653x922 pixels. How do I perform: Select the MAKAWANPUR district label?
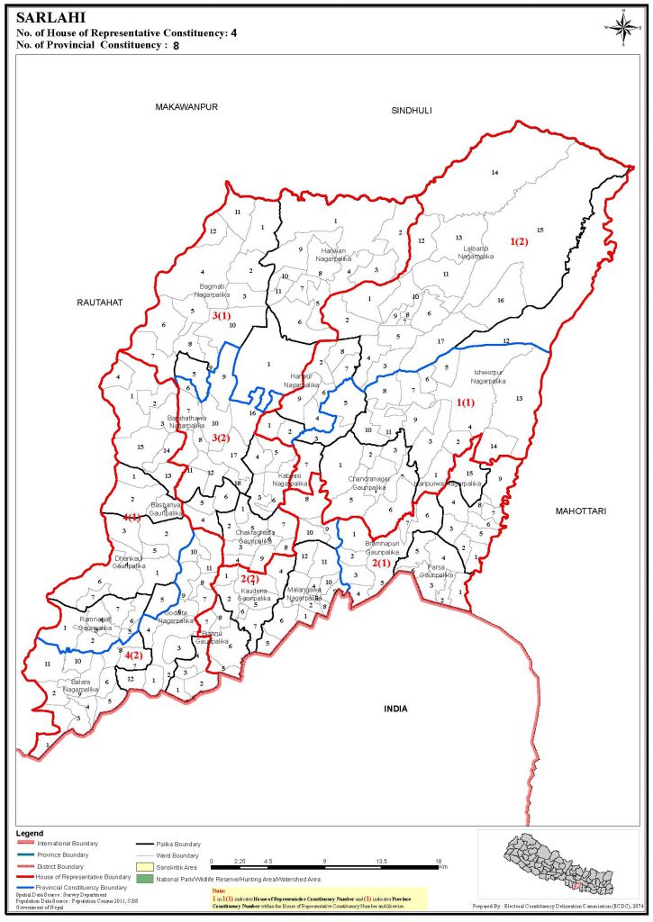(x=187, y=106)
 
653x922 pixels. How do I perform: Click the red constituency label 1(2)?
(x=521, y=241)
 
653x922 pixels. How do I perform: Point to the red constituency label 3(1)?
(x=222, y=316)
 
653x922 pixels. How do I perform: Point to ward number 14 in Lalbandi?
(x=494, y=172)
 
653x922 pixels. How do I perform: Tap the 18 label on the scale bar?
(x=438, y=863)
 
